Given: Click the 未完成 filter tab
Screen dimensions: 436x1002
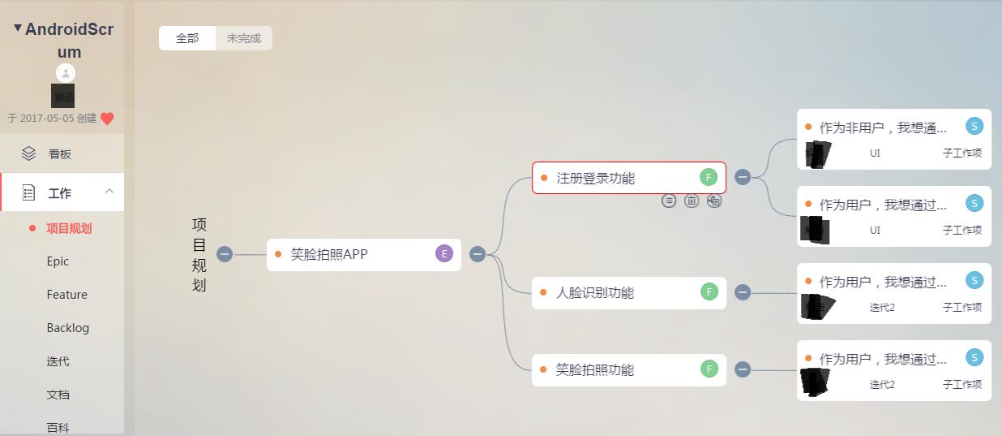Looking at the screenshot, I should (243, 38).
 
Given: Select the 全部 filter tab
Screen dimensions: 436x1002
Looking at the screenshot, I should (187, 38).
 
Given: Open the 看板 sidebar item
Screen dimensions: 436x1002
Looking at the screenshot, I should (60, 153).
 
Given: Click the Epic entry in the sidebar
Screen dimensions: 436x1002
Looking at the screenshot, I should (58, 261).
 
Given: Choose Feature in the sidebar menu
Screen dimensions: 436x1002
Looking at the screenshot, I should (66, 295).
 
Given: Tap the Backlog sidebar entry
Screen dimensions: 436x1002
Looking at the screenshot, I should (68, 328).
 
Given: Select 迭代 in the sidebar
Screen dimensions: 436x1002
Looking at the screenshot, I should (58, 361).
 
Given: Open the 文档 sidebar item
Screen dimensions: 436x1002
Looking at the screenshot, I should (58, 395).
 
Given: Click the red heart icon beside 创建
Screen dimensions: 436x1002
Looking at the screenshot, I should (107, 119).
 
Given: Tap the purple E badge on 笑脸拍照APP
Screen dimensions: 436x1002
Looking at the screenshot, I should (444, 254).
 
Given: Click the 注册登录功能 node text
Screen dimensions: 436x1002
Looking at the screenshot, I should (595, 178).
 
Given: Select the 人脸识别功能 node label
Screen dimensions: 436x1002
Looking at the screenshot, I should (595, 292).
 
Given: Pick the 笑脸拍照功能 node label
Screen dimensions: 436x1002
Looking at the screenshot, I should (595, 369).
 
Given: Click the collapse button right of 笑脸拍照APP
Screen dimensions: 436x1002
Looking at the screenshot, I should (477, 254).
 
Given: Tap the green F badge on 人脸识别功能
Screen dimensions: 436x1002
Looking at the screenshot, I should (709, 292).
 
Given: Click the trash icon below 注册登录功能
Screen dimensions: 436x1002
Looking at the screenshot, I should (692, 201).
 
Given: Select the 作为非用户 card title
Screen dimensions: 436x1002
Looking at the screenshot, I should (883, 127).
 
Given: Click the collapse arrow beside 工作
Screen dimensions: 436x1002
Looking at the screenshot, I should (109, 192).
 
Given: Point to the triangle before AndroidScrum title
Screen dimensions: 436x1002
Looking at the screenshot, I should (18, 28).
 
